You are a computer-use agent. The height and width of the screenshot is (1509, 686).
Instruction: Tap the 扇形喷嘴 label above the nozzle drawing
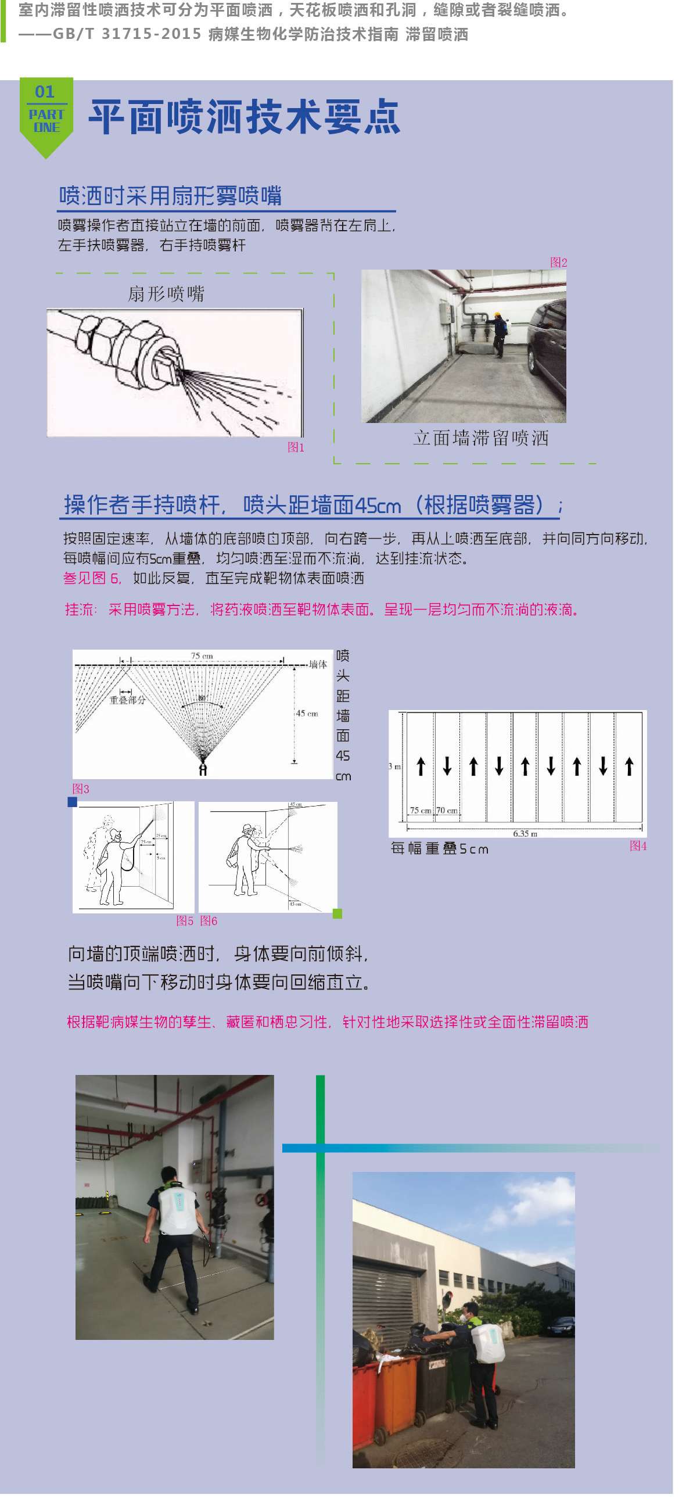(166, 293)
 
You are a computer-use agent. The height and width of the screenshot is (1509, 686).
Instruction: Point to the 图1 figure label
(296, 447)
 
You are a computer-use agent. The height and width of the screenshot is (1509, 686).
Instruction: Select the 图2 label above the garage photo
(558, 263)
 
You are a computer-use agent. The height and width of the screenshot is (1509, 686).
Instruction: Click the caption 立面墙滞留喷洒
(480, 438)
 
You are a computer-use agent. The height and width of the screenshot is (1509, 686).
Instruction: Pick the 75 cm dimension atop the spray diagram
(202, 656)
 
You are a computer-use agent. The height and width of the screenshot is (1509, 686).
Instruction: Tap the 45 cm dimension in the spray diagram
(306, 714)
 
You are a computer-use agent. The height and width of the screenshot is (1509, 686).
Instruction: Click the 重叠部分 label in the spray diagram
(127, 700)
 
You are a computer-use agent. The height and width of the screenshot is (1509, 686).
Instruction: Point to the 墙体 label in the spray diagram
(318, 664)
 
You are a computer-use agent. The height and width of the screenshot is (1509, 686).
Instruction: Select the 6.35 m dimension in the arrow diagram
(525, 834)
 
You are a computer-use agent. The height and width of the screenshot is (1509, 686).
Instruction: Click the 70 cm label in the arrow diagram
(447, 811)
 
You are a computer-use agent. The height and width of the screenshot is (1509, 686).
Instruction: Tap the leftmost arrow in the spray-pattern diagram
(421, 766)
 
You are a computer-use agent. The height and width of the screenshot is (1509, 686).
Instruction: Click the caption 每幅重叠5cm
(439, 849)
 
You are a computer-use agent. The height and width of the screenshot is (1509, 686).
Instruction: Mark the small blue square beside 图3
(73, 802)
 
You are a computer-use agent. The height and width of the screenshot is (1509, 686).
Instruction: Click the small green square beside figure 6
(337, 913)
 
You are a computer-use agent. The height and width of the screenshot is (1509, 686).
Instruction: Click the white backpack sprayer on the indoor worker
(177, 1211)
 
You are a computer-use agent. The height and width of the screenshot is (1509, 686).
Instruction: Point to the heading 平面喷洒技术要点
(245, 117)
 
